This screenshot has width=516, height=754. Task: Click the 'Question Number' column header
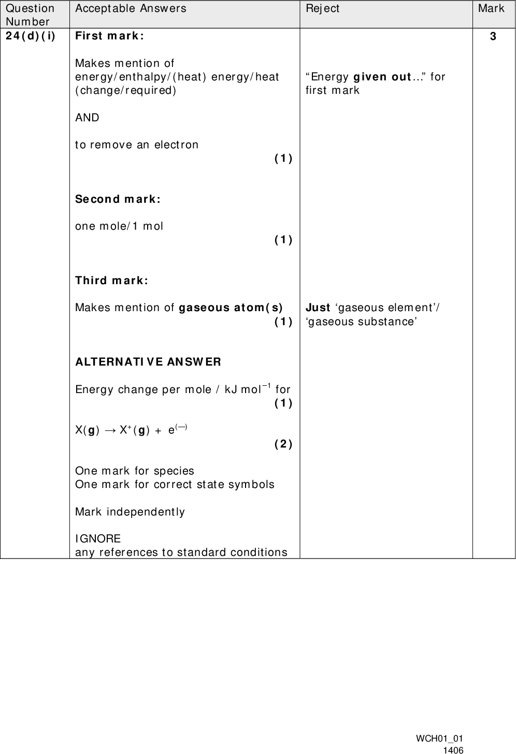pos(30,15)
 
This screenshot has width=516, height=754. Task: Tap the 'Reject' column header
pos(322,8)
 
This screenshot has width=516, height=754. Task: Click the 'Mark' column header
pos(491,8)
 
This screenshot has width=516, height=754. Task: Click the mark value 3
pos(493,36)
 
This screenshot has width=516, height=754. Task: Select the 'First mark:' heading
pos(109,36)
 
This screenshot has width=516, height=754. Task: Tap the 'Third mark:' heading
pos(111,281)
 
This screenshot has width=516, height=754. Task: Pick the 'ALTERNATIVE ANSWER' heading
pos(148,361)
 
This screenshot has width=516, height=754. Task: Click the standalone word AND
pos(87,118)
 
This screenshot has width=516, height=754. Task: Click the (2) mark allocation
pos(283,444)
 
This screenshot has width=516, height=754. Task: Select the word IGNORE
pos(98,539)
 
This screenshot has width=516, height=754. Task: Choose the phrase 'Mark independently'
pos(130,512)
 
